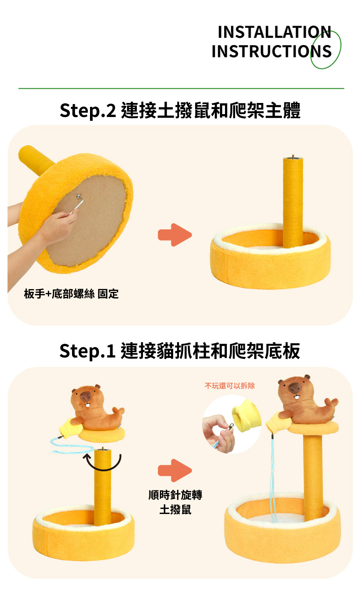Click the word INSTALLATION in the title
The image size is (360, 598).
tap(274, 32)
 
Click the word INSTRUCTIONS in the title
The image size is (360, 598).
tap(271, 51)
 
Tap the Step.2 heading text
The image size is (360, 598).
tap(180, 110)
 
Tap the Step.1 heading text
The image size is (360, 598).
tap(180, 351)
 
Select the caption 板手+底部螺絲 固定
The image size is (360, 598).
tap(71, 294)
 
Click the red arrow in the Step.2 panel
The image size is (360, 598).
tap(175, 235)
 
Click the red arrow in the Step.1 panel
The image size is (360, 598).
tap(175, 471)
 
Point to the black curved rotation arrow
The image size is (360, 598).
tap(102, 469)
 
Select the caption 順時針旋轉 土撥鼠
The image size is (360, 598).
tap(175, 502)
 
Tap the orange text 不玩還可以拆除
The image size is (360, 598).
tap(230, 386)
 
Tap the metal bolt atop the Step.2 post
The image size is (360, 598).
tap(293, 157)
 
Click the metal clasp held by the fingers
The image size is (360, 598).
tap(230, 426)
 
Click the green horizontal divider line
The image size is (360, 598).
tap(181, 88)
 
